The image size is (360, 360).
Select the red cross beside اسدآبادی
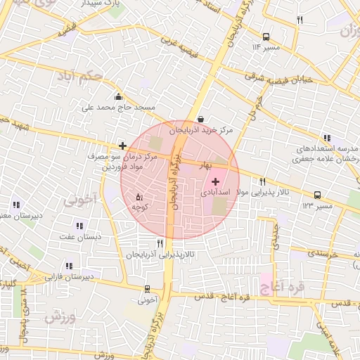215,181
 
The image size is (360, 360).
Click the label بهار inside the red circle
205,163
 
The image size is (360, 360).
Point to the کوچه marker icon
139,197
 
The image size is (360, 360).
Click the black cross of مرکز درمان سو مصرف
123,146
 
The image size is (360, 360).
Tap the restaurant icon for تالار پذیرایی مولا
262,181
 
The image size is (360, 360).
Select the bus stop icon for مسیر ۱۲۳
317,195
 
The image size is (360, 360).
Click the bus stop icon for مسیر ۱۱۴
266,37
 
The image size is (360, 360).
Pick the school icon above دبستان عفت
79,226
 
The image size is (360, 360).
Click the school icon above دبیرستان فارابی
69,266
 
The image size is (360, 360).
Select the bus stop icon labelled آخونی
147,289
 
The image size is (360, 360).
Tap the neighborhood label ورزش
59,317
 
